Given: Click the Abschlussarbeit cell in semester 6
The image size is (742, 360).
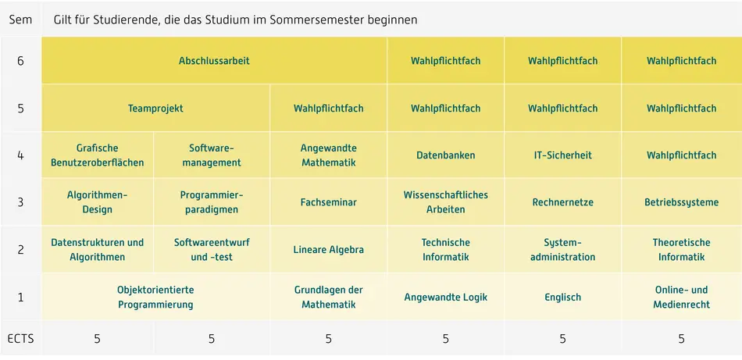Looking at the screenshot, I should point(214,61).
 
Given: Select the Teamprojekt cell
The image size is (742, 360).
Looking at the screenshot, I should point(155,109).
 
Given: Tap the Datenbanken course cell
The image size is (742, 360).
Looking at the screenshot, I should point(445,155).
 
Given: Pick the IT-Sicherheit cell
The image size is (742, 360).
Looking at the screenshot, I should point(562,155).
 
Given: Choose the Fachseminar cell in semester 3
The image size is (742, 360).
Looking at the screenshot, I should point(328,202).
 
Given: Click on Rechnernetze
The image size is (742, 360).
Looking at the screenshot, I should point(562,202).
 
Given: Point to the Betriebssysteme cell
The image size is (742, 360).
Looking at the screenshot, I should point(681,202).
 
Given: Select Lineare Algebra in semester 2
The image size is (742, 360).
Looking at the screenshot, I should point(328,250).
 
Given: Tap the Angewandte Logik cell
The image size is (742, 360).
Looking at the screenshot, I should point(445,298).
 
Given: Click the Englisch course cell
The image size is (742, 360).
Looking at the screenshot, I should point(562,298).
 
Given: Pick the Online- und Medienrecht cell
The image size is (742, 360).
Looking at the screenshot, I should point(681,298).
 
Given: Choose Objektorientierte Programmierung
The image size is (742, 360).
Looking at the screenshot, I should point(155,298).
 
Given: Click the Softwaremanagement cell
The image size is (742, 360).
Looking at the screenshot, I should point(212,155).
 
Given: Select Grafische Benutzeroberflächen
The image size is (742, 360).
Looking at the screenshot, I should point(98,155).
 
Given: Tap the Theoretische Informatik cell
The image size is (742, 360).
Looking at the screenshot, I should point(681,250).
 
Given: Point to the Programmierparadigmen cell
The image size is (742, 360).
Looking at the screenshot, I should point(212,202).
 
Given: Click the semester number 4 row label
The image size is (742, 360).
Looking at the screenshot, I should point(20,155).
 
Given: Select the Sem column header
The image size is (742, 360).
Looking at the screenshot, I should point(20,20).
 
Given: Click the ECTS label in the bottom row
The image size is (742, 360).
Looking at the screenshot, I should point(20,339).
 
